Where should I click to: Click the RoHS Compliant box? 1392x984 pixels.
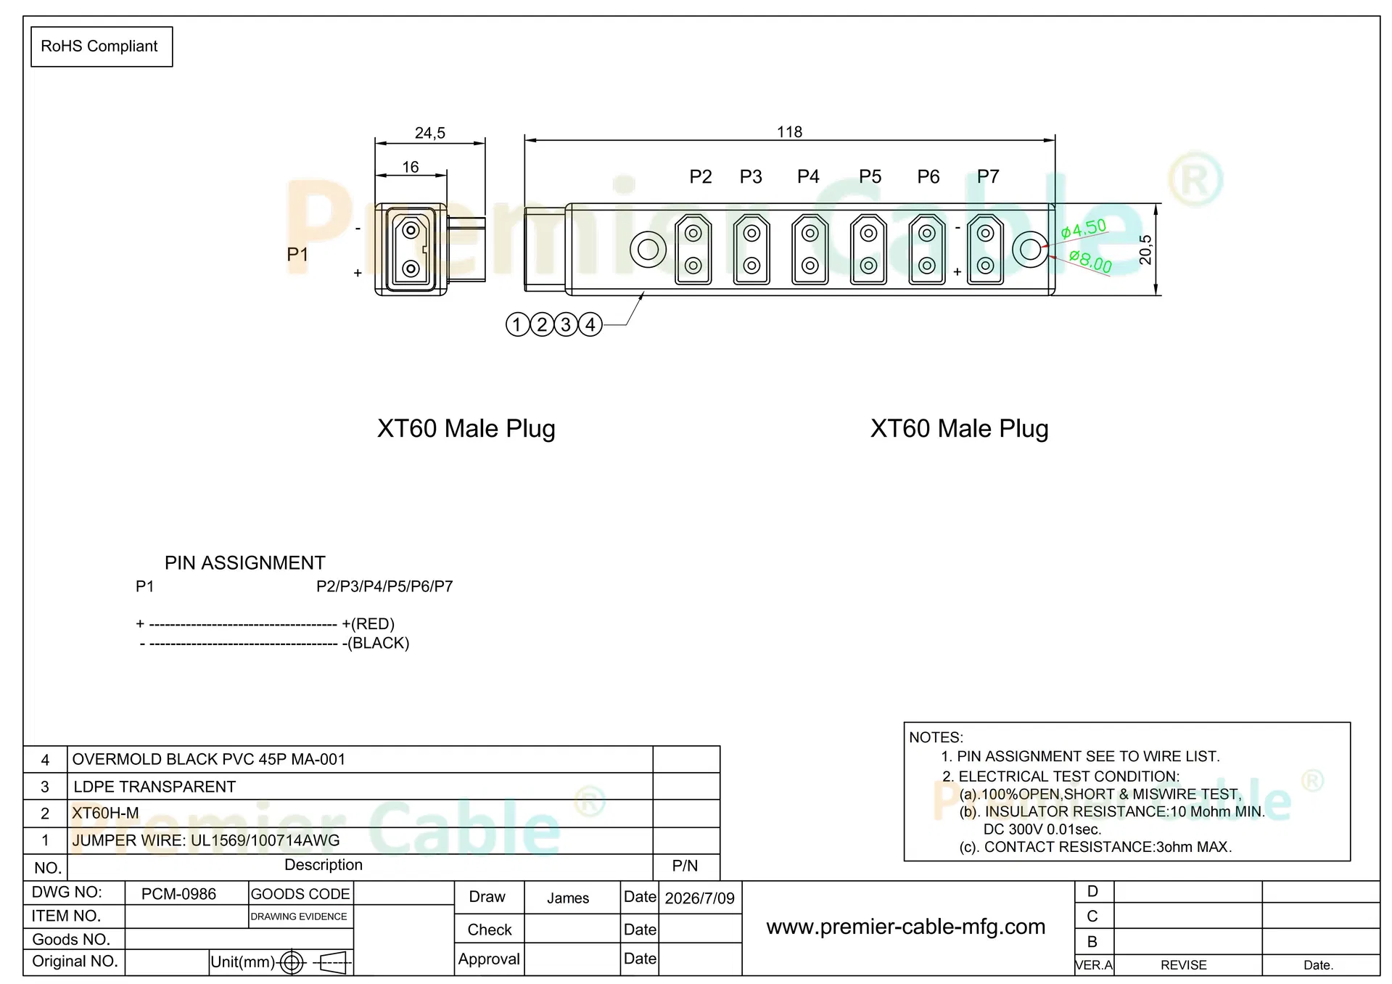click(102, 46)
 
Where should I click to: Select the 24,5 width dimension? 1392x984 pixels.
click(430, 133)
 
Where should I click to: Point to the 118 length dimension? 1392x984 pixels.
click(790, 132)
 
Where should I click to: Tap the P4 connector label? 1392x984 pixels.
click(808, 176)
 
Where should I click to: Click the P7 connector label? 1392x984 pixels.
click(988, 176)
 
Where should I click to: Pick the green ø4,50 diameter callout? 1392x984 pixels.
click(1084, 229)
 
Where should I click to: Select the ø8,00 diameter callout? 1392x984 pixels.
click(1090, 261)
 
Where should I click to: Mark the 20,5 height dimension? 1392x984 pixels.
click(1145, 250)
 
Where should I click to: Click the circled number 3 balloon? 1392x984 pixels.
click(567, 324)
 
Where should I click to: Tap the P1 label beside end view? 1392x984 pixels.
click(297, 254)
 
